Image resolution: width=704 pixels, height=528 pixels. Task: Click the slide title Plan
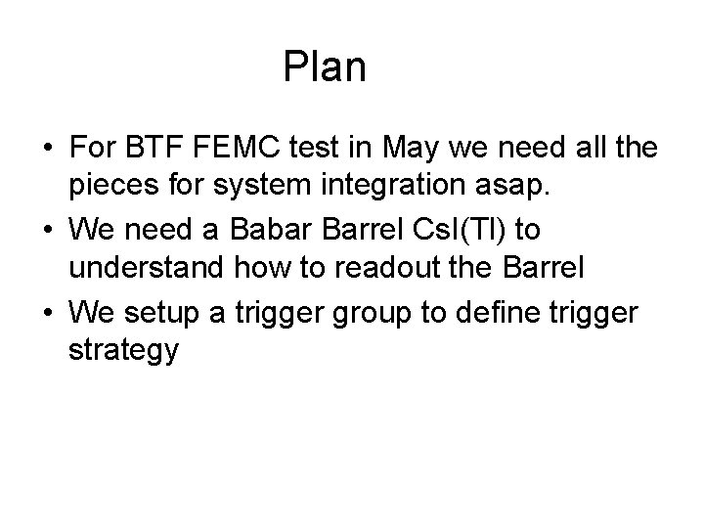(324, 67)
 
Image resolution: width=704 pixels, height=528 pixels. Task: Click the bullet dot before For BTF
(48, 150)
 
